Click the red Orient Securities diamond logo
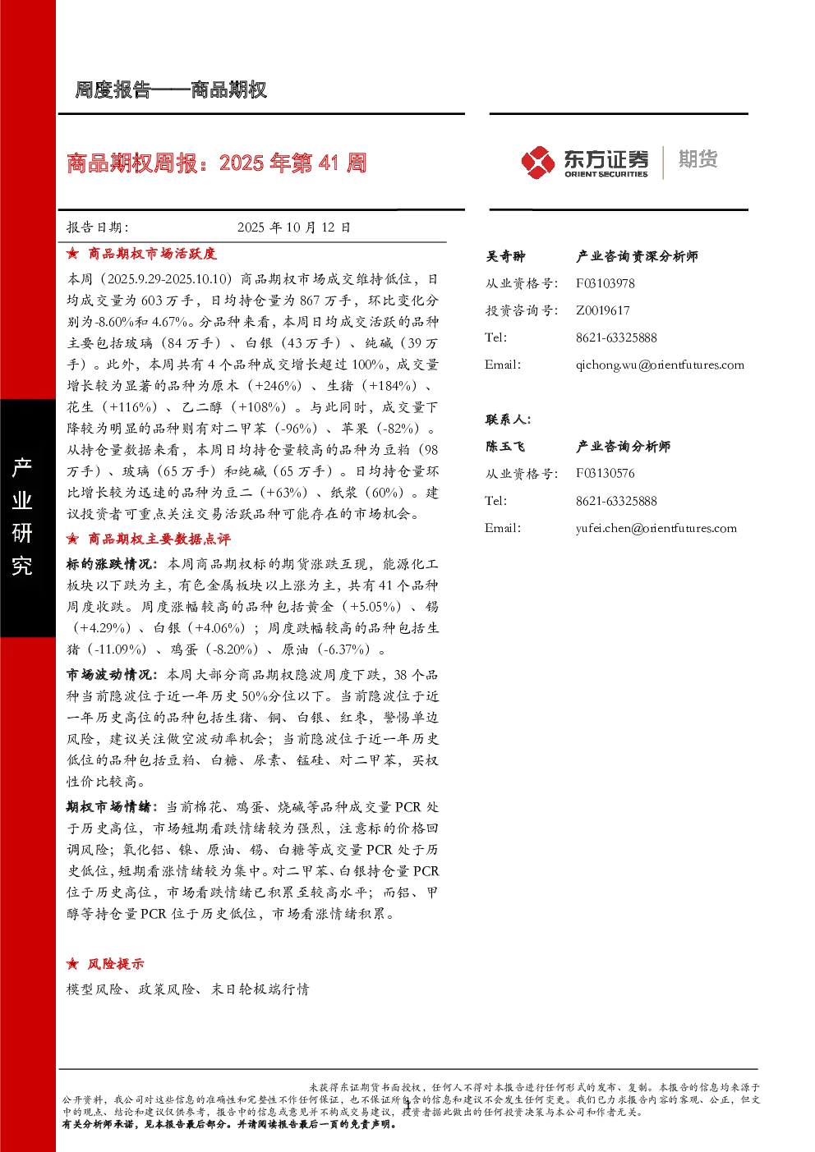point(538,163)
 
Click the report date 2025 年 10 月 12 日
point(294,227)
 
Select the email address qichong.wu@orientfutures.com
point(660,365)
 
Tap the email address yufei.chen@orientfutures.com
point(656,528)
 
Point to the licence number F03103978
point(605,283)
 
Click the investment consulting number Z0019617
point(602,310)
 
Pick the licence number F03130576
point(605,473)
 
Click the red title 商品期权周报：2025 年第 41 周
point(217,163)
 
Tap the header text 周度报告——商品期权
point(171,90)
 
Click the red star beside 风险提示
point(72,964)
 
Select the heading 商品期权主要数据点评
point(159,539)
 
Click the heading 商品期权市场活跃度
point(152,254)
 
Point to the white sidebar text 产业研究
point(22,516)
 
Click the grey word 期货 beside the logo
point(698,158)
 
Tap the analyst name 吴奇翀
point(506,256)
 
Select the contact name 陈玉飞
point(505,446)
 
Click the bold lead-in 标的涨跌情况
point(109,563)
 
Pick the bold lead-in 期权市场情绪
point(109,806)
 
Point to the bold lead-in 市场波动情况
point(109,674)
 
